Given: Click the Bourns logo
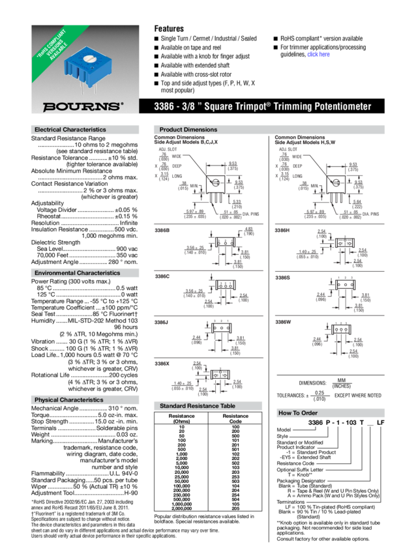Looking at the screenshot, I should (x=82, y=106).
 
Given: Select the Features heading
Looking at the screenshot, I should (x=169, y=29).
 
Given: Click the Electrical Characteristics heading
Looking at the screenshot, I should (x=70, y=130).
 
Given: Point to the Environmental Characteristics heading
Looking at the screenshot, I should (x=77, y=272).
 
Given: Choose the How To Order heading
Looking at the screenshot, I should (x=298, y=413).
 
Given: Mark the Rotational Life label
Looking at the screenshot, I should (x=52, y=374).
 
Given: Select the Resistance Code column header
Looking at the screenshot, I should (x=235, y=418).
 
